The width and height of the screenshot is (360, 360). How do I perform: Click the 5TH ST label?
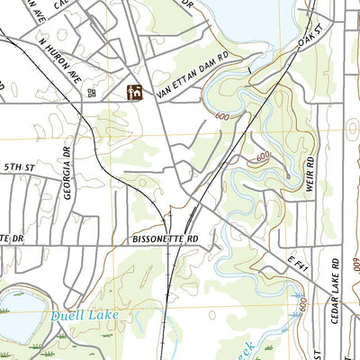click(17, 166)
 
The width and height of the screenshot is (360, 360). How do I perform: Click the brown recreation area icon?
click(135, 92)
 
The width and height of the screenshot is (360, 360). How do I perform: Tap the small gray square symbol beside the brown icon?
click(91, 92)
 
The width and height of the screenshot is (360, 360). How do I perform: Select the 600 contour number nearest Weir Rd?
click(262, 157)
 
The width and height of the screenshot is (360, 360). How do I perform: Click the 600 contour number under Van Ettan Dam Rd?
click(222, 117)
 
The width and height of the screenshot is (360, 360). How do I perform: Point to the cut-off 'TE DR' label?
click(8, 238)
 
